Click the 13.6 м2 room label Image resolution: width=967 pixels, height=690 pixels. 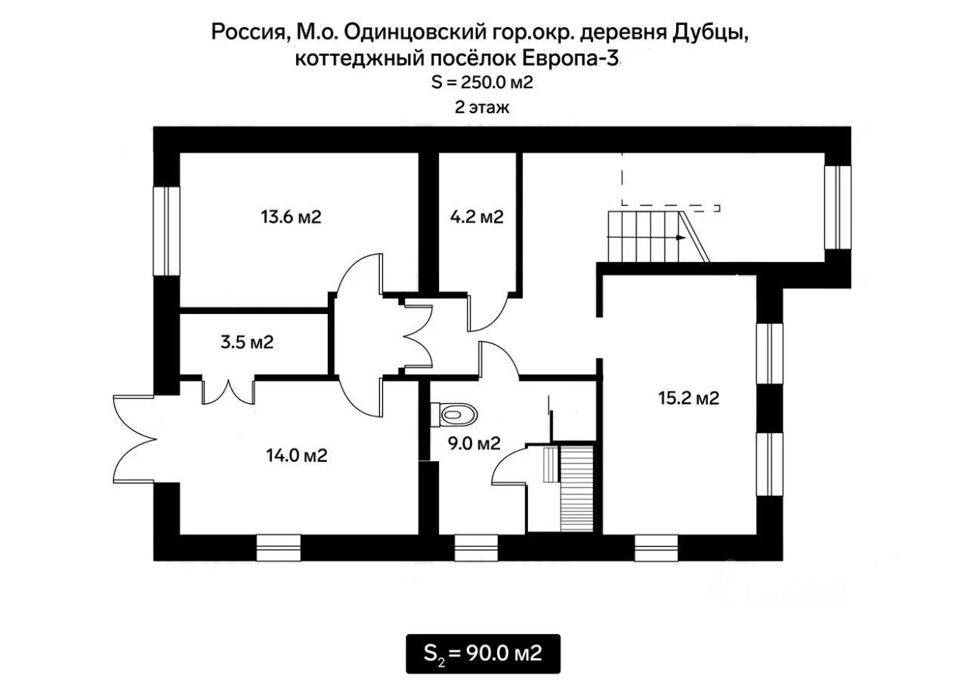(x=291, y=217)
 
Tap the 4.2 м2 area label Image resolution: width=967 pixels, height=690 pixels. (x=477, y=217)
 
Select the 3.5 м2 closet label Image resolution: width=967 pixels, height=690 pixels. (x=247, y=342)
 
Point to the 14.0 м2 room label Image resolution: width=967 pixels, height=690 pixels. (x=297, y=455)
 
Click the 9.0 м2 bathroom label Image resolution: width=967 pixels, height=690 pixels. (x=474, y=443)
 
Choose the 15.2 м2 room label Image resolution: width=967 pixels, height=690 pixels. (x=688, y=398)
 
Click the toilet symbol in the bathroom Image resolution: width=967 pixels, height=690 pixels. (x=454, y=415)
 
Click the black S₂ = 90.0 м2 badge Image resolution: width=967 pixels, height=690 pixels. (x=483, y=654)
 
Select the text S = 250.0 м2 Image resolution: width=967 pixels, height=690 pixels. (x=482, y=82)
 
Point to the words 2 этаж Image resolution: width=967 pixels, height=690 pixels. (x=482, y=107)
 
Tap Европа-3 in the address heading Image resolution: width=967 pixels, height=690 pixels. (x=570, y=59)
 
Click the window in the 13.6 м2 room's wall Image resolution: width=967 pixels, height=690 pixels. (x=167, y=231)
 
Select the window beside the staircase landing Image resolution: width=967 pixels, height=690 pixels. (x=838, y=208)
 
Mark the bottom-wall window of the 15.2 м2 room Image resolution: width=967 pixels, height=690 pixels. (x=657, y=548)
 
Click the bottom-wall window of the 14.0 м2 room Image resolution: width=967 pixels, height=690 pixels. (x=279, y=548)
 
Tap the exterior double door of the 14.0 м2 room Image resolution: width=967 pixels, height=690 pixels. (x=134, y=439)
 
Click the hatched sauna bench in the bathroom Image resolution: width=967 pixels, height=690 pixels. (x=576, y=489)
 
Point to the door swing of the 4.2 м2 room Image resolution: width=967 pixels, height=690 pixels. (x=488, y=313)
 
